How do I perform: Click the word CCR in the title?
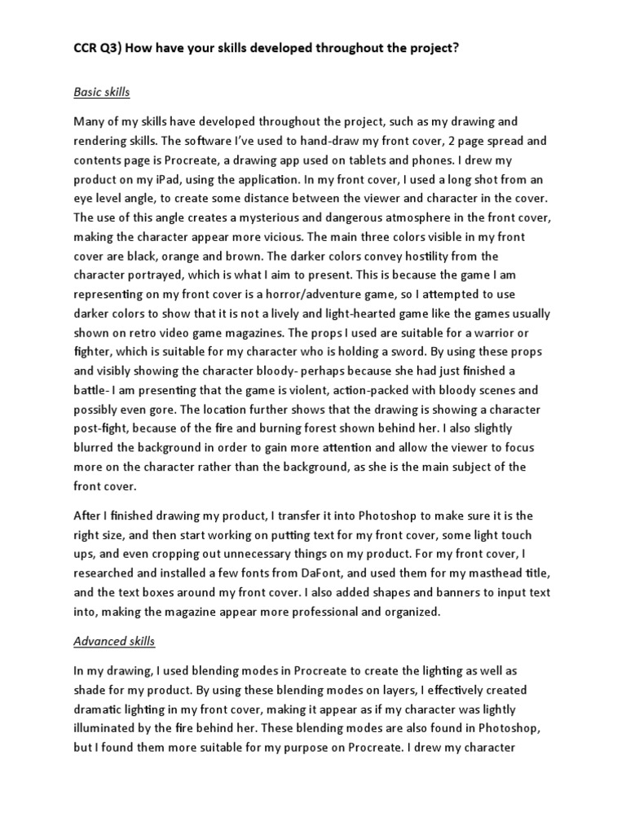[88, 48]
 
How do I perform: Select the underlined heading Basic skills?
[102, 92]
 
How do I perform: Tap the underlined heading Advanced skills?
[114, 642]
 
